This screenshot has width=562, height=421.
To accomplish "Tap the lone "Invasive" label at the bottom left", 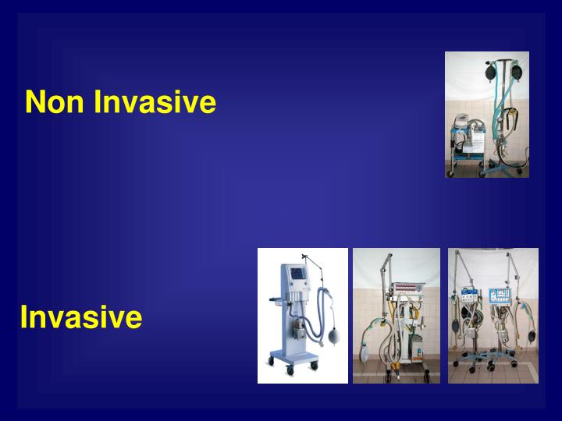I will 81,317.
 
